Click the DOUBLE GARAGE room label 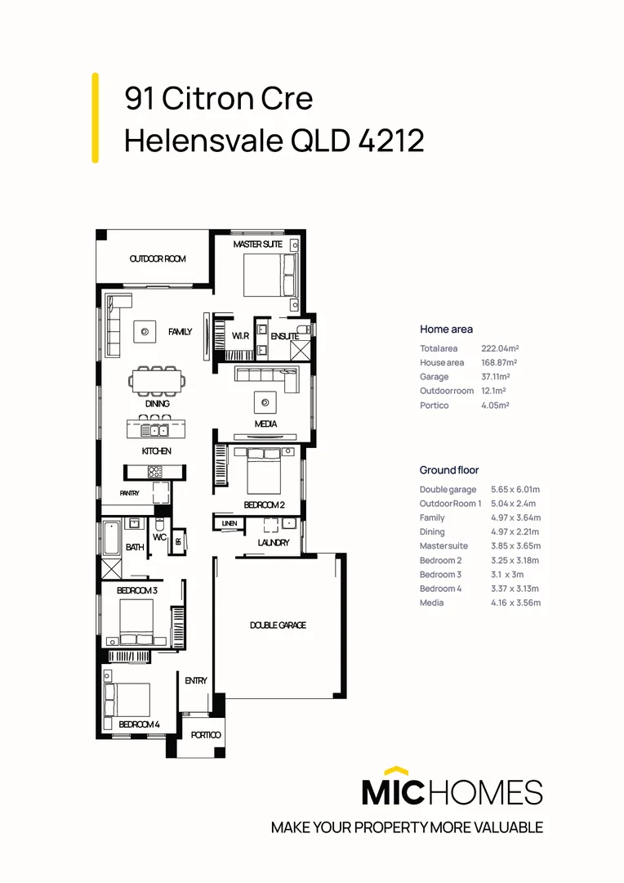pos(278,625)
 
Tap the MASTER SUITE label pos(257,244)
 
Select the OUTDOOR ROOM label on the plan pos(158,259)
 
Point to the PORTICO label pos(206,735)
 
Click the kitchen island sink pos(154,430)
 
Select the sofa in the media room pos(265,376)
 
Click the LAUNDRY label pos(274,543)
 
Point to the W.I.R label pos(240,336)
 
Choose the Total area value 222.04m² pos(499,348)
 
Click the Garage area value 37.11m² pos(495,377)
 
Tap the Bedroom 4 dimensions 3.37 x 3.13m pos(515,589)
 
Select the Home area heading pos(446,329)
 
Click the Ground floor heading pos(449,470)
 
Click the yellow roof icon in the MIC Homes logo pos(395,770)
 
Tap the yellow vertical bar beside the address pos(96,117)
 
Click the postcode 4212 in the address pos(391,141)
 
